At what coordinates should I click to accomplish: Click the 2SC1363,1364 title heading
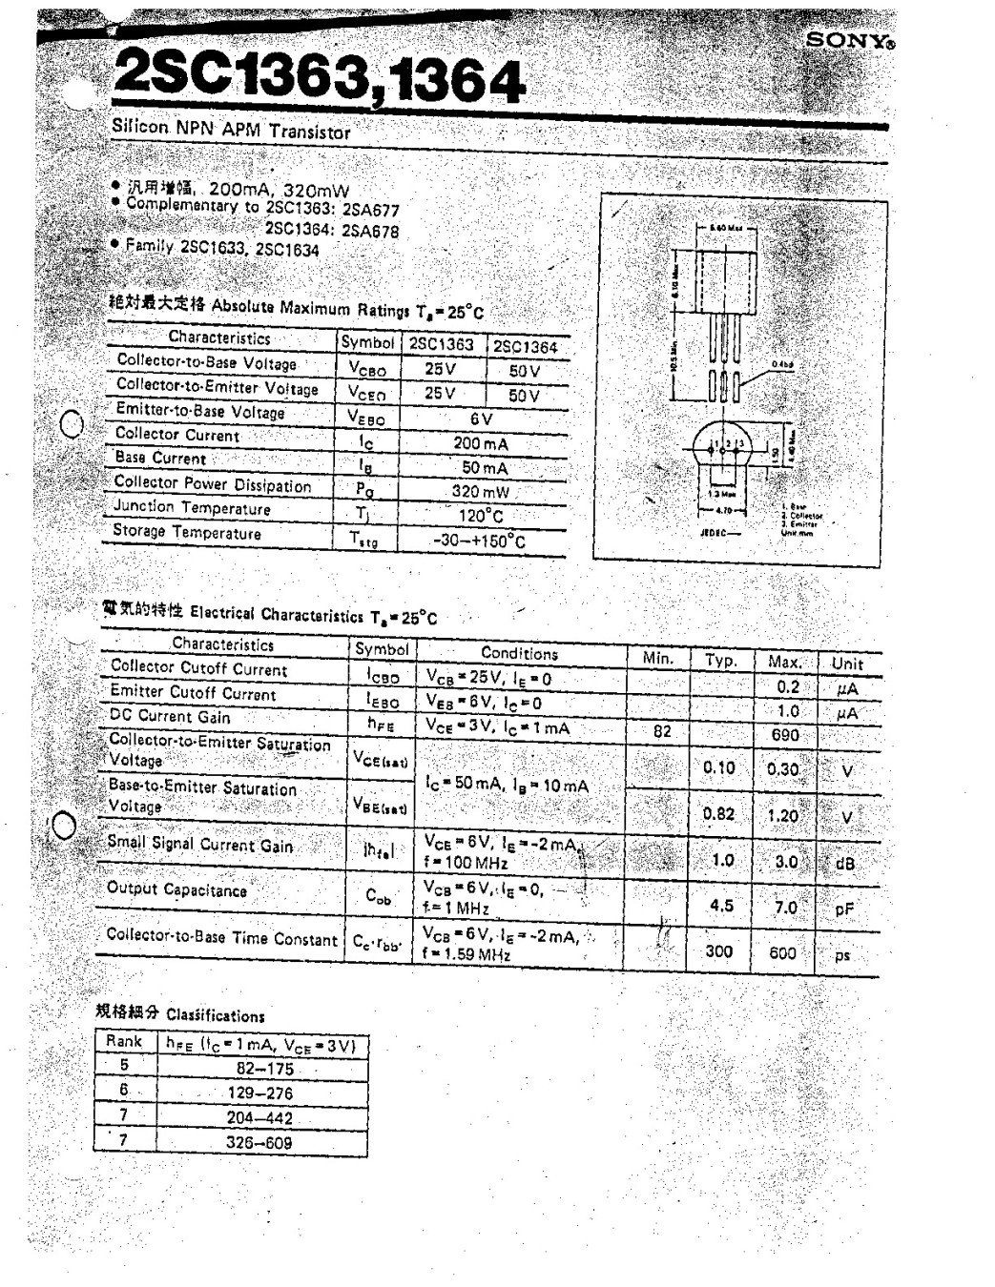click(x=318, y=81)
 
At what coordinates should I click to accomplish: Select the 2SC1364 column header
click(x=526, y=346)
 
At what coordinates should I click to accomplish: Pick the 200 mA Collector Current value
click(x=481, y=443)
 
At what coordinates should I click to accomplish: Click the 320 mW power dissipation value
click(x=481, y=492)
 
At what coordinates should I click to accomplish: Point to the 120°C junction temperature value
click(x=482, y=516)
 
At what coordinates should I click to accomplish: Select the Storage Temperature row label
click(x=187, y=532)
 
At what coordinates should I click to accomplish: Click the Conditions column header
click(x=519, y=653)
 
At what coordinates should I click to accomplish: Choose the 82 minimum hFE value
click(x=662, y=731)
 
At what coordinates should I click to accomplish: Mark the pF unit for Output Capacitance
click(x=843, y=909)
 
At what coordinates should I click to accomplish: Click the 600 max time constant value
click(x=781, y=952)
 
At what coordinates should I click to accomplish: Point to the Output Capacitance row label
click(x=176, y=889)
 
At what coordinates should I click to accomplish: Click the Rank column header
click(x=124, y=1042)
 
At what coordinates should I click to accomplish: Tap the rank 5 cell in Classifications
click(x=124, y=1067)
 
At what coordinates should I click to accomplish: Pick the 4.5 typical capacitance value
click(x=721, y=906)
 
